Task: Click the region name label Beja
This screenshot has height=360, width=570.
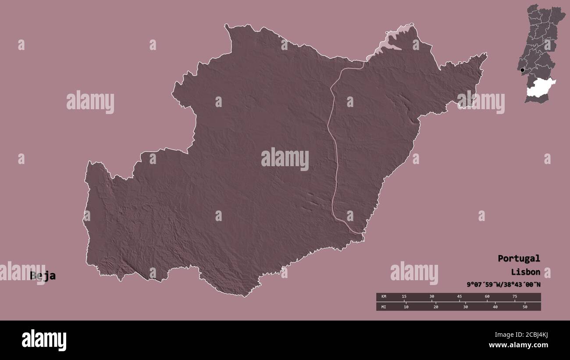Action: (x=43, y=276)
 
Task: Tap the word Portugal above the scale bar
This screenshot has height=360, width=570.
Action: (x=519, y=258)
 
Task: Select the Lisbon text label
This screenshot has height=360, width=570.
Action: (x=525, y=272)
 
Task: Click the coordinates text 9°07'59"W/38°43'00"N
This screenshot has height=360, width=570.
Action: (x=504, y=285)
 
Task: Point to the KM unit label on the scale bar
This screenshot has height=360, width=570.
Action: (x=384, y=297)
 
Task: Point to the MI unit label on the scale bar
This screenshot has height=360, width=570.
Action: (x=384, y=307)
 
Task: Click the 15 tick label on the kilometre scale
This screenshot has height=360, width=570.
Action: (x=404, y=297)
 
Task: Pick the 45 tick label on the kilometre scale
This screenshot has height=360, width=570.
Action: (x=460, y=297)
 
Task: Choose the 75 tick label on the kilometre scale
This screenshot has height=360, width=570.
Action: (x=515, y=297)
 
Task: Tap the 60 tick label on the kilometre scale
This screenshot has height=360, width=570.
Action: (x=487, y=297)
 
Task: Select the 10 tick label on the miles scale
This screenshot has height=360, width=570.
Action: (x=406, y=307)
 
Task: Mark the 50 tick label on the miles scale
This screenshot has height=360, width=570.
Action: (x=525, y=307)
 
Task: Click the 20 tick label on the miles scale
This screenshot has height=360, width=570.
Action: (x=436, y=307)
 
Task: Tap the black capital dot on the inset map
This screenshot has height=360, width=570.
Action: (x=522, y=70)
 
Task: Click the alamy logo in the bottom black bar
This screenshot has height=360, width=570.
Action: (x=44, y=340)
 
